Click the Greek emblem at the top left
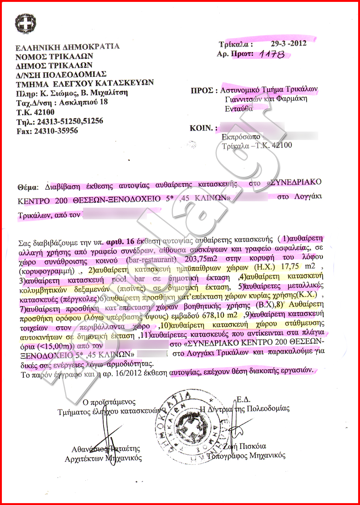click(25, 24)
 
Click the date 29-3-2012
click(288, 43)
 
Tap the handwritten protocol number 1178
click(272, 54)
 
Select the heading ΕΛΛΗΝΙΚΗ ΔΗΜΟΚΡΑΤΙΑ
click(67, 47)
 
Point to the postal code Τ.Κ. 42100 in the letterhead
click(35, 112)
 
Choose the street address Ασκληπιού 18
click(83, 102)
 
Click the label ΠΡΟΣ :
click(204, 90)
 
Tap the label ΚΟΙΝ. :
click(203, 128)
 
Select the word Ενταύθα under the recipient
click(239, 109)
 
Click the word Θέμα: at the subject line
click(28, 187)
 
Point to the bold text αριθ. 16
click(120, 241)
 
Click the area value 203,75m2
click(201, 259)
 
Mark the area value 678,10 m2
click(220, 316)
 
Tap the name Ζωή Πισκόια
click(245, 446)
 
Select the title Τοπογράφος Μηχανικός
click(246, 456)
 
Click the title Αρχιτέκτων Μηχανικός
click(103, 458)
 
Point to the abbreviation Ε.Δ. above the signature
click(243, 400)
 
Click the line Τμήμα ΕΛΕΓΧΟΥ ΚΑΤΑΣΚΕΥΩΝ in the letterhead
click(85, 84)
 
